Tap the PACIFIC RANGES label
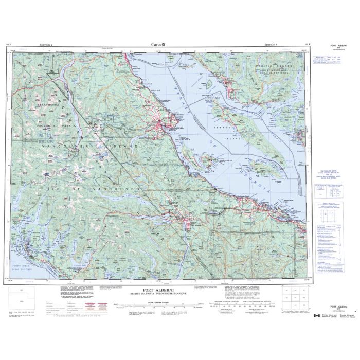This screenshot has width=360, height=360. click(x=273, y=67)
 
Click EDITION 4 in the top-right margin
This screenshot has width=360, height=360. click(x=269, y=46)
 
